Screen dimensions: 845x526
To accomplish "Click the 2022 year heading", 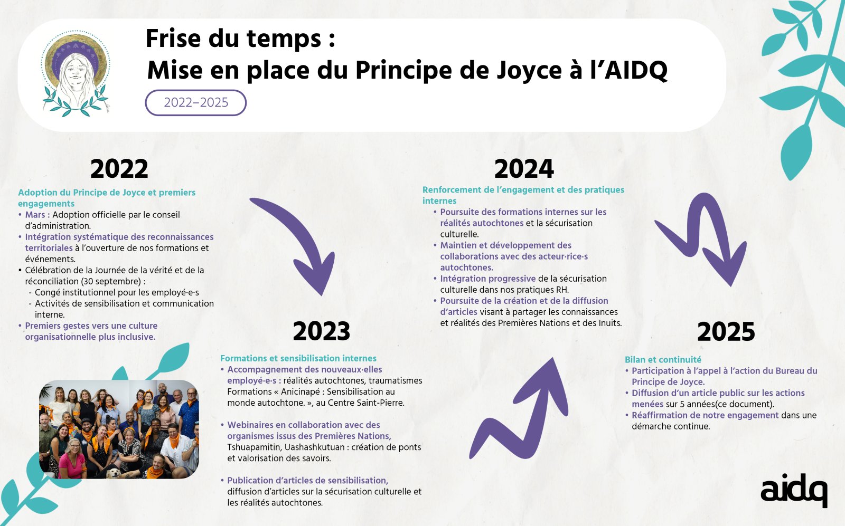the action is pyautogui.click(x=119, y=169).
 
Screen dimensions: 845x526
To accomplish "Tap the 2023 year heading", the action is pyautogui.click(x=322, y=331).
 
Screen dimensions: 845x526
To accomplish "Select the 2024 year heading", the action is pyautogui.click(x=524, y=169).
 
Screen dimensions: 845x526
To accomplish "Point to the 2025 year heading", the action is pyautogui.click(x=726, y=332).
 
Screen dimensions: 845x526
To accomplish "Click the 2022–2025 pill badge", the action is pyautogui.click(x=196, y=102).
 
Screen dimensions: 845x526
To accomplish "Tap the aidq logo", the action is pyautogui.click(x=794, y=490).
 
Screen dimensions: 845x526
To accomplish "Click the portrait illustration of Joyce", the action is pyautogui.click(x=76, y=74).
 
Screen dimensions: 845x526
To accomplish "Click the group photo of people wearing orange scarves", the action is pyautogui.click(x=119, y=429).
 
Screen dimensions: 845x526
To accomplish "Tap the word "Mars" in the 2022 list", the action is pyautogui.click(x=35, y=215).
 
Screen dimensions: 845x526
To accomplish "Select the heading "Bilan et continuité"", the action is pyautogui.click(x=663, y=359).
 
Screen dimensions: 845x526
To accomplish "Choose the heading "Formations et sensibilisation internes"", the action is pyautogui.click(x=298, y=358).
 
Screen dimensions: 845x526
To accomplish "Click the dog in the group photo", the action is pyautogui.click(x=113, y=473).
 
